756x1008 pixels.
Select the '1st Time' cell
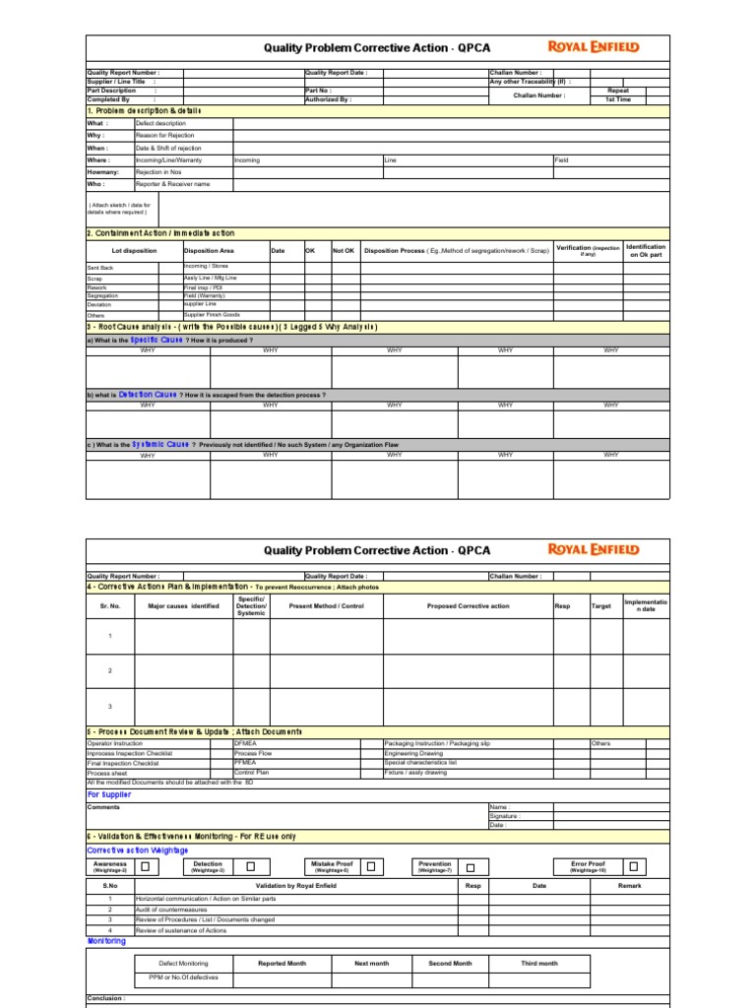(x=617, y=99)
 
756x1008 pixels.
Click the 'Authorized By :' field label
(x=328, y=99)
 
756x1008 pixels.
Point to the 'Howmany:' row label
(x=103, y=172)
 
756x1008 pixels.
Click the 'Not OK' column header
(x=344, y=250)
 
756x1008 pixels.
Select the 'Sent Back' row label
(x=100, y=268)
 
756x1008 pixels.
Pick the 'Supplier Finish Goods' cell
(x=212, y=315)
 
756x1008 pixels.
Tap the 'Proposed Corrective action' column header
(x=468, y=606)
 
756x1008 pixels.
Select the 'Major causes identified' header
(x=183, y=606)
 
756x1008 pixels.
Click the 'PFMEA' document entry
(x=245, y=762)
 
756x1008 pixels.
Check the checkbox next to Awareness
(x=145, y=867)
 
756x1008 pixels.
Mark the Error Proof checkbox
(x=634, y=867)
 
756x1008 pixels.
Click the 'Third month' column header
(x=539, y=964)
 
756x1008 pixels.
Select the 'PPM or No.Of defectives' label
(x=183, y=977)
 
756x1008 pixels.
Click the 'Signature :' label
(x=505, y=816)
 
